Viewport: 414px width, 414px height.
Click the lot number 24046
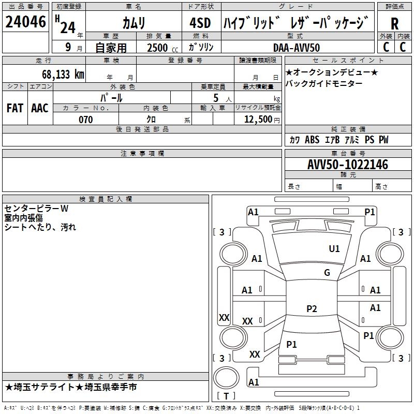(x=25, y=22)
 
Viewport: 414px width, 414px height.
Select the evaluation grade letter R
(x=394, y=24)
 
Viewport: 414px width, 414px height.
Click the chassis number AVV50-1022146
(x=348, y=165)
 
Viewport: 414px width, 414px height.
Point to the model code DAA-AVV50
(x=297, y=48)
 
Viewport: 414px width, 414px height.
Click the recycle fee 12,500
(x=257, y=120)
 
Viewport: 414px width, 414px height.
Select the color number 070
(x=85, y=120)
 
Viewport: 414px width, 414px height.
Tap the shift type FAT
(x=14, y=108)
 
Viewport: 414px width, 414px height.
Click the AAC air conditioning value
(x=39, y=108)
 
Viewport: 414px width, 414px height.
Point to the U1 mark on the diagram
(x=334, y=249)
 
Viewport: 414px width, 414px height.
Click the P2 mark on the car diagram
(x=312, y=309)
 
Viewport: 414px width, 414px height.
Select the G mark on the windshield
(x=327, y=273)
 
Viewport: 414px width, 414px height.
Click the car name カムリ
(x=134, y=23)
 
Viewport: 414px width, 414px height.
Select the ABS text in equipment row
(x=312, y=140)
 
